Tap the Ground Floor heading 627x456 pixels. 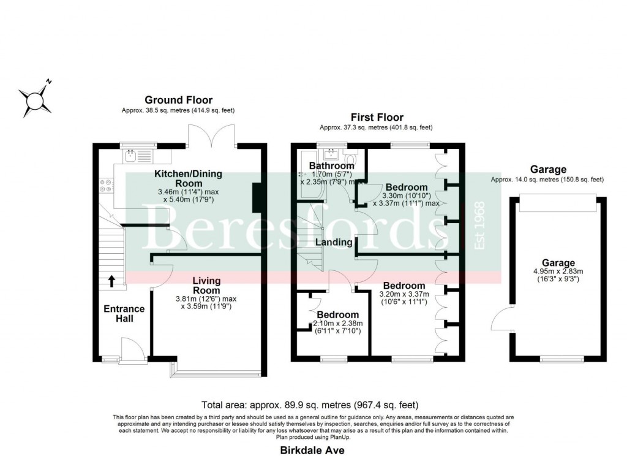178,100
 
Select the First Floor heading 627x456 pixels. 377,117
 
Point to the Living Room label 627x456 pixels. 206,286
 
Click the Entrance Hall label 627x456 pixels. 124,314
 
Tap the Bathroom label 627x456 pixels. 331,165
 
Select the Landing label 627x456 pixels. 334,242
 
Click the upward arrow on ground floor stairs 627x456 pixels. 112,281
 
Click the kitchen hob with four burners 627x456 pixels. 105,183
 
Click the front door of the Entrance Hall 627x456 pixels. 133,352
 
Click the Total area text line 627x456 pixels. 310,405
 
